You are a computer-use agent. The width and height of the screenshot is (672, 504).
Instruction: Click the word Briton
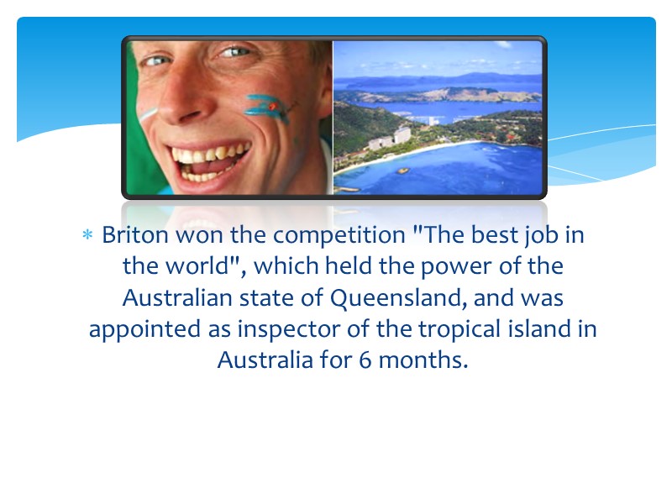point(130,235)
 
